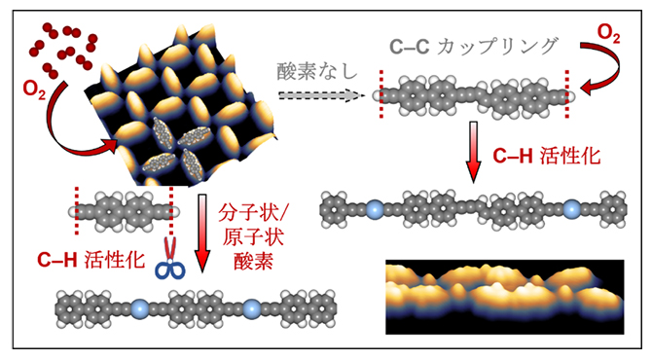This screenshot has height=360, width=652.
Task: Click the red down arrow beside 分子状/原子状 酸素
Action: coord(204,234)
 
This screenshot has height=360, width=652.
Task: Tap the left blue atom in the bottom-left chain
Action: coord(136,309)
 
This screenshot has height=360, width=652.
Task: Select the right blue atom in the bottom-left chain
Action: coord(252,309)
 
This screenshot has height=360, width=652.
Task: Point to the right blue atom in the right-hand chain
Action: coord(572,208)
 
